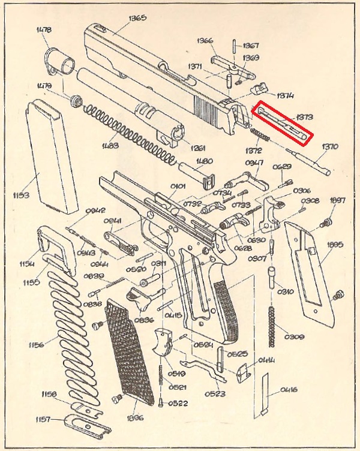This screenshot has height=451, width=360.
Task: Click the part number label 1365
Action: point(137,19)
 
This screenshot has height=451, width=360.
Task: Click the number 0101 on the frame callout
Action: point(178,187)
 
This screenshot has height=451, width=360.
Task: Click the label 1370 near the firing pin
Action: point(331,146)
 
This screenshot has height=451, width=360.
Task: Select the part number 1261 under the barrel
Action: point(197,148)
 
